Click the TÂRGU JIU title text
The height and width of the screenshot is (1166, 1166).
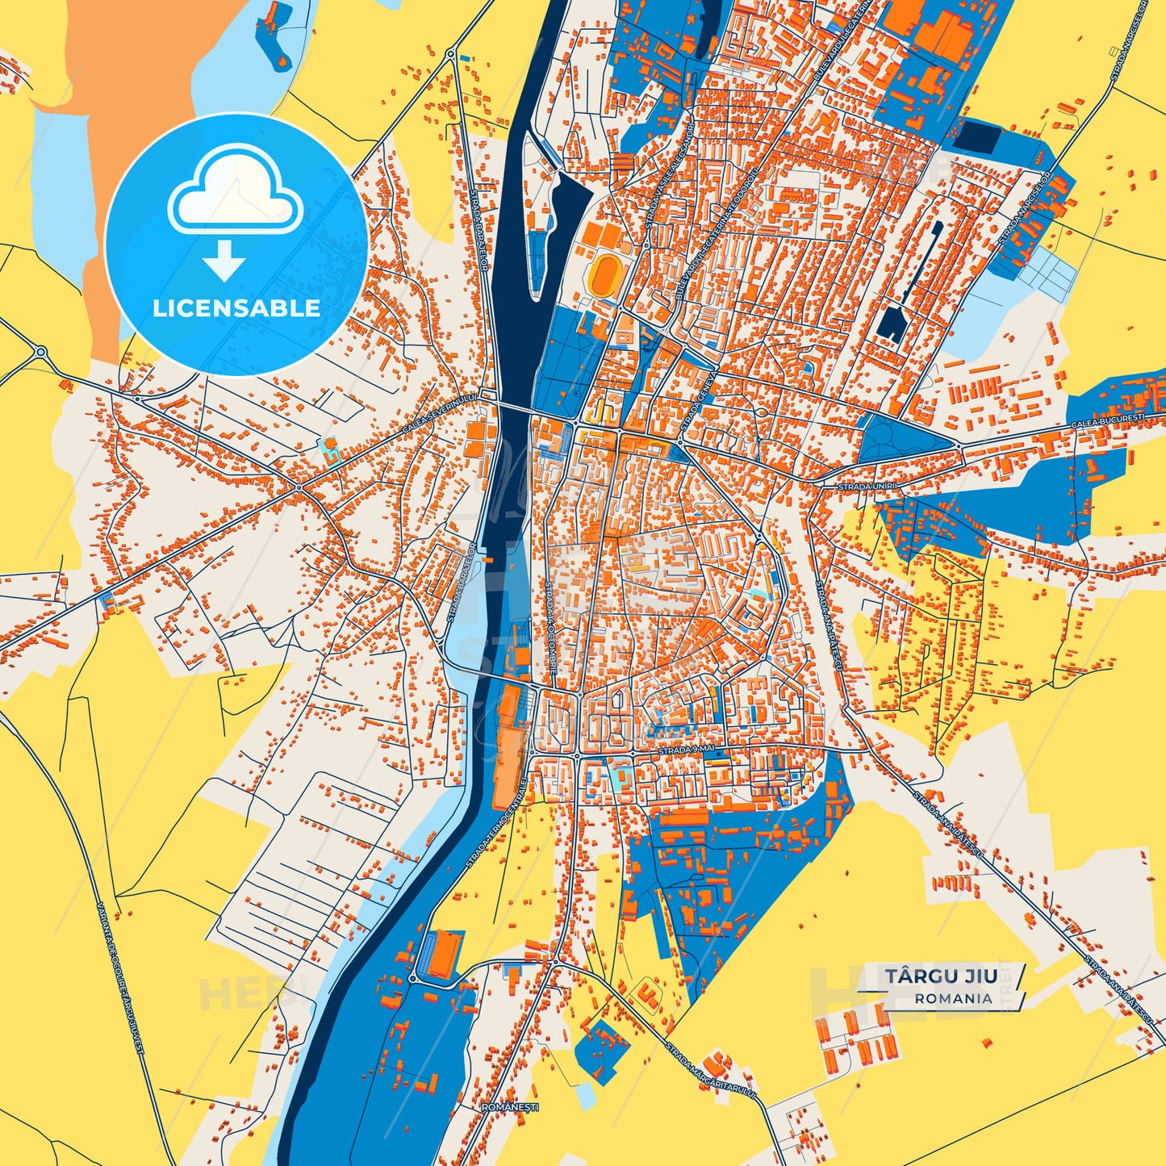pyautogui.click(x=941, y=976)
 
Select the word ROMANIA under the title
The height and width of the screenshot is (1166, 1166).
pyautogui.click(x=954, y=998)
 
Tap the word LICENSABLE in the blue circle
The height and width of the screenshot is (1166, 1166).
pyautogui.click(x=236, y=308)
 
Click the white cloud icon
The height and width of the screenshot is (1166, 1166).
pyautogui.click(x=235, y=190)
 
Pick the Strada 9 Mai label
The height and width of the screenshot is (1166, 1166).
pyautogui.click(x=685, y=750)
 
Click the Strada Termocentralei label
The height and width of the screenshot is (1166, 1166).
pyautogui.click(x=495, y=823)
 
